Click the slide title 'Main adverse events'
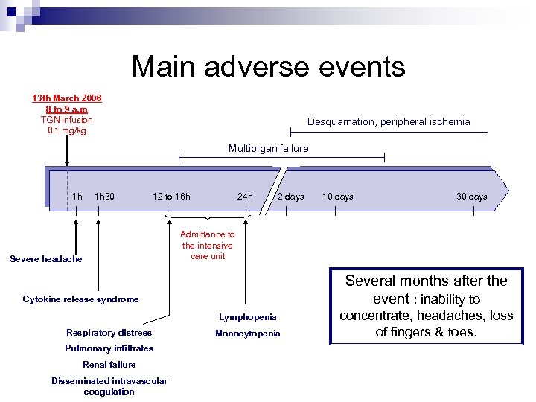coord(268,67)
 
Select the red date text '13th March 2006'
coord(67,98)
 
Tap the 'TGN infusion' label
coord(67,120)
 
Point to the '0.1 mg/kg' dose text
coord(67,131)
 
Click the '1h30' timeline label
coord(105,197)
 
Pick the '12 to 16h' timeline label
coord(171,197)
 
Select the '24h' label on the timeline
coord(245,197)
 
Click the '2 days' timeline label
coord(290,197)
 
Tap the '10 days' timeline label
coord(337,197)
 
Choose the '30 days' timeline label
coord(472,197)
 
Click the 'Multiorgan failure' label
coord(268,149)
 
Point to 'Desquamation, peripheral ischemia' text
coord(389,122)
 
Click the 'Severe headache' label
coord(46,259)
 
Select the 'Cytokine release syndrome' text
coord(80,299)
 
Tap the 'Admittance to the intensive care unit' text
coord(208,245)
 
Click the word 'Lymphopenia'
coord(248,317)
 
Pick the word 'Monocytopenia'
coord(248,334)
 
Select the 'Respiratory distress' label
coord(109,333)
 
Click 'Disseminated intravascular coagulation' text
coord(109,386)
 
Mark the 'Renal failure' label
coord(109,365)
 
